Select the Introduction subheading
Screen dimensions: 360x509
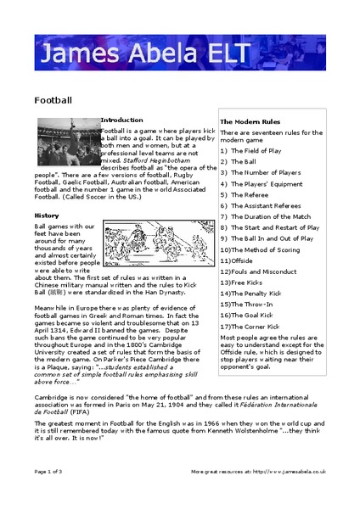click(x=121, y=120)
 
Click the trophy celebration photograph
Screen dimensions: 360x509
click(x=68, y=141)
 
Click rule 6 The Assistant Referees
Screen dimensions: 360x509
click(x=260, y=205)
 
